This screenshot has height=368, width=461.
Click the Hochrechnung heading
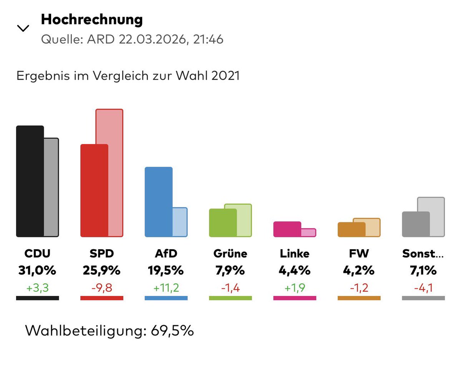point(92,20)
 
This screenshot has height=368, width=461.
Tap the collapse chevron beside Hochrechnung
point(23,28)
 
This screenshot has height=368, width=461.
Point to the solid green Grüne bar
point(223,223)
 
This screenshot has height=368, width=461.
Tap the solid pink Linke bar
point(287,229)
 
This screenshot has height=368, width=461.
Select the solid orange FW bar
point(351,230)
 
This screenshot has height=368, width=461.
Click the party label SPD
point(101,253)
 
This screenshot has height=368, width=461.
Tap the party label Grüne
point(230,253)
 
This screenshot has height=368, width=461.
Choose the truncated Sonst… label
point(423,253)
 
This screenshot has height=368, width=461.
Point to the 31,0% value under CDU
point(37,271)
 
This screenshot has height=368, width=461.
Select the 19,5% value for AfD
point(166,271)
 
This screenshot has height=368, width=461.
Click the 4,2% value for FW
point(359,271)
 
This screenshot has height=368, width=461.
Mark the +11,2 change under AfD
point(166,287)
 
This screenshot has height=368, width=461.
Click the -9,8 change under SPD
point(101,287)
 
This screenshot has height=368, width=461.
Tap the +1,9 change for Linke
point(295,287)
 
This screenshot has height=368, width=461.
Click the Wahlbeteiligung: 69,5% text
point(109,330)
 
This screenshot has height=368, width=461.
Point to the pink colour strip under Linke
point(295,298)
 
